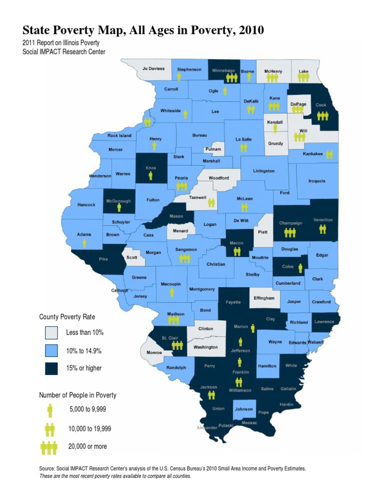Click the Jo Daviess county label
point(153,68)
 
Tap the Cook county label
point(321,105)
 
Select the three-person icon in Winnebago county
point(231,78)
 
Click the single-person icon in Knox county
point(150,176)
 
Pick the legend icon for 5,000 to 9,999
point(49,410)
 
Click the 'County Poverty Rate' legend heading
point(67,317)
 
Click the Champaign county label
point(289,222)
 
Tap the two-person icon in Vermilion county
point(322,229)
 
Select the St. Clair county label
point(167,338)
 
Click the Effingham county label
point(263,298)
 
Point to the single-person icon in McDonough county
point(118,207)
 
